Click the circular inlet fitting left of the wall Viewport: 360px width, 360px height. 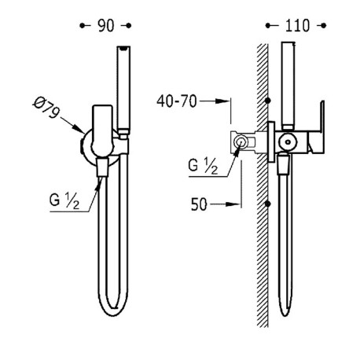pyautogui.click(x=241, y=144)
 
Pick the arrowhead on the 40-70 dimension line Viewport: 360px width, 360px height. pyautogui.click(x=232, y=101)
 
